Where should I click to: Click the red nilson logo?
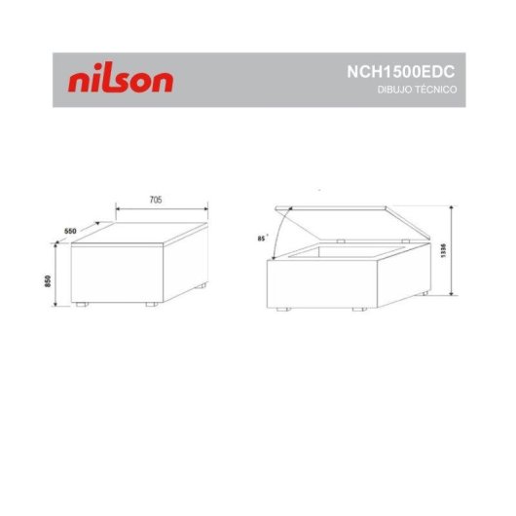(121, 80)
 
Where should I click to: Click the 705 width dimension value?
(156, 199)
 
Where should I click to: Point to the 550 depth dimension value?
(70, 230)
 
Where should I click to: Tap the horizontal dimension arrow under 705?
(162, 207)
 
